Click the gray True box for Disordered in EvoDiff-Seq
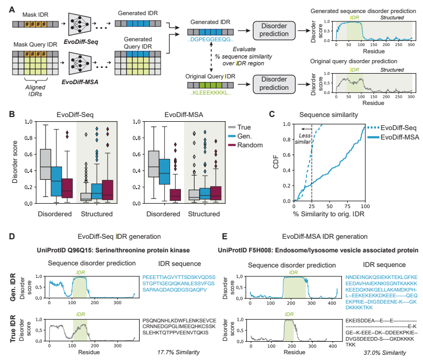(x=45, y=165)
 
